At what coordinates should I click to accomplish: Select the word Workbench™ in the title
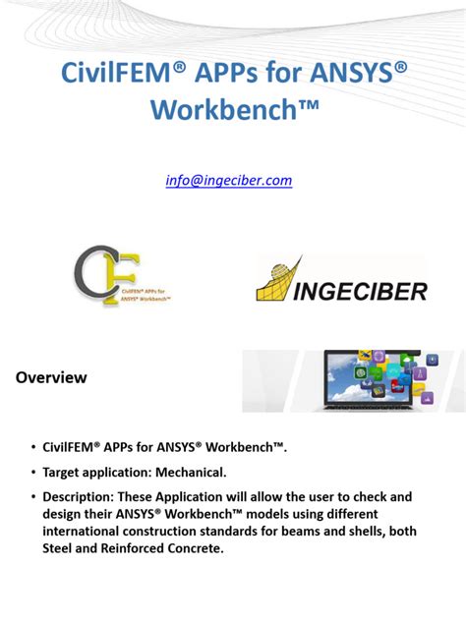pyautogui.click(x=233, y=109)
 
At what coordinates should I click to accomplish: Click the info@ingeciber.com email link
pyautogui.click(x=233, y=180)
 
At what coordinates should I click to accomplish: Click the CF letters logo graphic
pyautogui.click(x=96, y=276)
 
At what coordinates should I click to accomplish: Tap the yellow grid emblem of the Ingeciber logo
pyautogui.click(x=280, y=278)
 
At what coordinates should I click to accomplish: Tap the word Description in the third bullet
pyautogui.click(x=85, y=496)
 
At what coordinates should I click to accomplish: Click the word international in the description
pyautogui.click(x=87, y=531)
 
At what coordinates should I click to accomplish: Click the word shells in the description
pyautogui.click(x=358, y=531)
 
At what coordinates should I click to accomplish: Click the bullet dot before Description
pyautogui.click(x=32, y=496)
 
